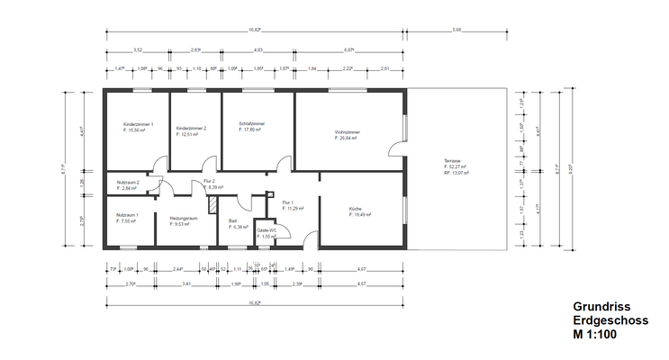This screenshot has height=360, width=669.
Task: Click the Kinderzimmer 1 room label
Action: coord(139,124)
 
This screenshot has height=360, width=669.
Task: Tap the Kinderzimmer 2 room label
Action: coord(191,128)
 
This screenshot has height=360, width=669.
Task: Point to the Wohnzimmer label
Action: coord(346,132)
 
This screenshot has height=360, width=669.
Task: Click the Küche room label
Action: coord(356,210)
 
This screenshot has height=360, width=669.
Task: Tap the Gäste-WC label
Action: coord(267,230)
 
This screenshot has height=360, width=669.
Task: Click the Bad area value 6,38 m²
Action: coord(239,226)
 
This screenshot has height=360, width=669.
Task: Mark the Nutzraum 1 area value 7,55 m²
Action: coord(128,220)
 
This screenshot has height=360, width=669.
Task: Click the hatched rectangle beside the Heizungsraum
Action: coord(212,204)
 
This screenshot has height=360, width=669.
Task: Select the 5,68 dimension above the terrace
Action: coord(457,30)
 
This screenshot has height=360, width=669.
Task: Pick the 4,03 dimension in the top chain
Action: coord(258,50)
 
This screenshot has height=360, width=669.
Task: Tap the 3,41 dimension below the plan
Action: coord(185,283)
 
